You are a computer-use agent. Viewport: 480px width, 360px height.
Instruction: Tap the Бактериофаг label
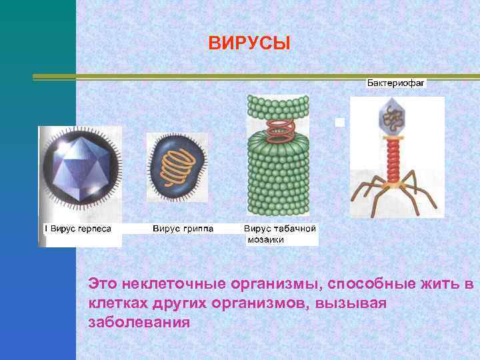[x=395, y=84]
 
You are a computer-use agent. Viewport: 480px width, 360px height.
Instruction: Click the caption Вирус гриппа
[x=183, y=229]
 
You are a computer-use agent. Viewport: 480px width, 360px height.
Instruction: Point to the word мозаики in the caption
[x=265, y=239]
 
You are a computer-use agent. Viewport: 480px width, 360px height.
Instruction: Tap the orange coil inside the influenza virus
[x=176, y=165]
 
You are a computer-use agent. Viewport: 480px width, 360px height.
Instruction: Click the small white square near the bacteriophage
[x=339, y=123]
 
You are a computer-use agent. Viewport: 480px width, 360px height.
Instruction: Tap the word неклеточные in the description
[x=169, y=285]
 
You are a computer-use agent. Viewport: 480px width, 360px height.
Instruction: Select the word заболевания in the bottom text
[x=139, y=322]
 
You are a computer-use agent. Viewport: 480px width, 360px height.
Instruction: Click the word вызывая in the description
[x=355, y=303]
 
